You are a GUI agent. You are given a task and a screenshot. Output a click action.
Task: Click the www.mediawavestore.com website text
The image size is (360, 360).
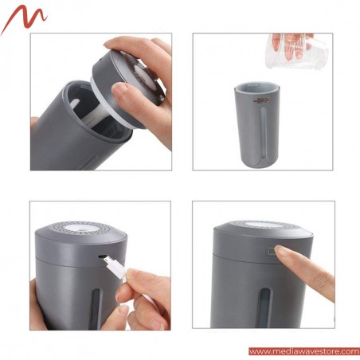coord(303,351)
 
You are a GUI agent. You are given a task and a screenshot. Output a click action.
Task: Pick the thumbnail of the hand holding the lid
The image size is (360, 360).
coord(122,92)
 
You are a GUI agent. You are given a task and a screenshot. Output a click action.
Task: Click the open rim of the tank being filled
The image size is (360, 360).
coord(256,83)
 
